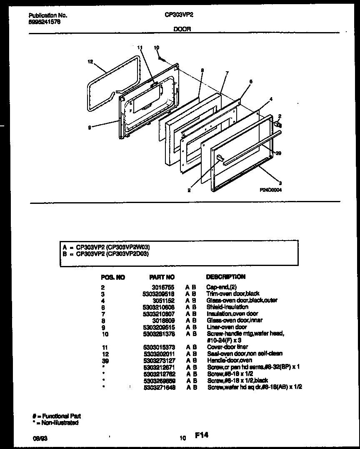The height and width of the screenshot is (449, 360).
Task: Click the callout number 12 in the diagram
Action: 90,62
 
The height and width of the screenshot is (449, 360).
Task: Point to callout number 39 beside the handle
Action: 279,153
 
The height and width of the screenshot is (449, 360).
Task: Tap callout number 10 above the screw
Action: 156,48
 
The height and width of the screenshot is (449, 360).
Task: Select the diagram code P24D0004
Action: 272,188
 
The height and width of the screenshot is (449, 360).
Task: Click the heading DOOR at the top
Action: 182,30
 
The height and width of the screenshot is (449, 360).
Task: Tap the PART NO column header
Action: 162,277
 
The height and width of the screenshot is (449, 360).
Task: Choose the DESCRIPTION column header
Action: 226,276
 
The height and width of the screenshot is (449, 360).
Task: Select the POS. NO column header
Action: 112,277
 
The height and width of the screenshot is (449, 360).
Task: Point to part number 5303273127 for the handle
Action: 159,360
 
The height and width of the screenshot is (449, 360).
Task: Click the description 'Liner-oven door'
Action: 227,327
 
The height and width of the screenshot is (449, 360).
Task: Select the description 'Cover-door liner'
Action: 227,347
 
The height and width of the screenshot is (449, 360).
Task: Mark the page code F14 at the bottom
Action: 201,435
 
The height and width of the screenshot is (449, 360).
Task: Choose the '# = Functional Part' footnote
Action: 57,416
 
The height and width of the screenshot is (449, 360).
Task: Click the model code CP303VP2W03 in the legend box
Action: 128,247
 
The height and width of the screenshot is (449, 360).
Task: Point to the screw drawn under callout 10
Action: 160,57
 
